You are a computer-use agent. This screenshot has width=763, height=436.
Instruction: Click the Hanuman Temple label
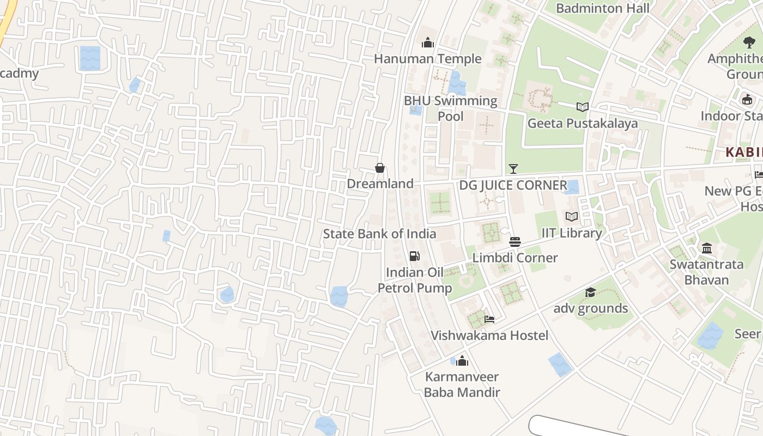click(x=428, y=59)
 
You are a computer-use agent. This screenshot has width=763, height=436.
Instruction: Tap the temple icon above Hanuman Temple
click(x=428, y=43)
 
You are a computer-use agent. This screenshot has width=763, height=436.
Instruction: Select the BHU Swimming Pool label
click(x=451, y=108)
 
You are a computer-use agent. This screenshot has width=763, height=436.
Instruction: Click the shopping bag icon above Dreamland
click(x=380, y=168)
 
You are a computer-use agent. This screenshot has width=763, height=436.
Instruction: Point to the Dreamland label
click(x=380, y=184)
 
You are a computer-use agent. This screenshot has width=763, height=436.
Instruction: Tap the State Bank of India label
click(x=379, y=234)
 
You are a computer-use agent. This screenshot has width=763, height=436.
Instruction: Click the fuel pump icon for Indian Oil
click(x=415, y=256)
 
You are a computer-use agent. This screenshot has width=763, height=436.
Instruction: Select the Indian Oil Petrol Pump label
click(x=415, y=280)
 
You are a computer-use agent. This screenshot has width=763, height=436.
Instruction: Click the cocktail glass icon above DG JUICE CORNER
click(x=513, y=169)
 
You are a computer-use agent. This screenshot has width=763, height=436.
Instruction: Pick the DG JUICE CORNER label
click(x=513, y=185)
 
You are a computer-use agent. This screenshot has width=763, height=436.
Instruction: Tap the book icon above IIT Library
click(x=572, y=217)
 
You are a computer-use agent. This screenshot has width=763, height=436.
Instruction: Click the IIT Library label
click(x=572, y=233)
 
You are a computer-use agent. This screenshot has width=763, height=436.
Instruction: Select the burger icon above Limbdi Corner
click(x=515, y=241)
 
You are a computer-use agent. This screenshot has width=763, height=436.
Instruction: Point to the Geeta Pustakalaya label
click(x=583, y=123)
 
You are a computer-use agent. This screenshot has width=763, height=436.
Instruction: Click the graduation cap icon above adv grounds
click(x=590, y=293)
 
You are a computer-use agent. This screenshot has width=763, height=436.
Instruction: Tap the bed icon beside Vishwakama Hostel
click(x=489, y=319)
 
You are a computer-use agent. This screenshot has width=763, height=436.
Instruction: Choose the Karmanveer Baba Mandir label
click(x=462, y=384)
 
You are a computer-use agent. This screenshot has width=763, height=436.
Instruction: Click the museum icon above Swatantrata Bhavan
click(x=707, y=249)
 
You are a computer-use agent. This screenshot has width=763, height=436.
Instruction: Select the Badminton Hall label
click(x=603, y=8)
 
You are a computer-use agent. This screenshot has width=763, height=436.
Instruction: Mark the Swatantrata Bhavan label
click(x=707, y=272)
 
